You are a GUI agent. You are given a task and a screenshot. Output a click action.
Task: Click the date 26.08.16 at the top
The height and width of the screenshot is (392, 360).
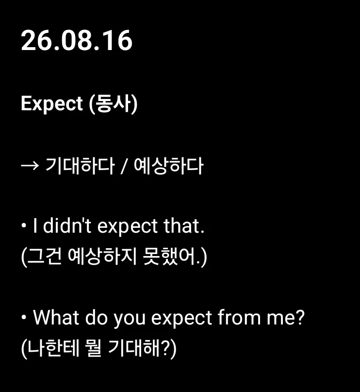coord(77,40)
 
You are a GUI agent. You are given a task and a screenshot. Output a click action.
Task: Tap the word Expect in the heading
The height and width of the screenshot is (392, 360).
coord(52,103)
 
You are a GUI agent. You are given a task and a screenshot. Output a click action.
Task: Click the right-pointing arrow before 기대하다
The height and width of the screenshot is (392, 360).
coord(30,166)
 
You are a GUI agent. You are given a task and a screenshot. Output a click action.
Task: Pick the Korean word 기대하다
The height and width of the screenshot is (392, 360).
coord(80,166)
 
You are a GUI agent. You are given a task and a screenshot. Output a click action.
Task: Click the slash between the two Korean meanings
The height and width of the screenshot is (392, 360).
coord(124,166)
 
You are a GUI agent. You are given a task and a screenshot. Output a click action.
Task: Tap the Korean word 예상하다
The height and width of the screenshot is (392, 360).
coord(168,166)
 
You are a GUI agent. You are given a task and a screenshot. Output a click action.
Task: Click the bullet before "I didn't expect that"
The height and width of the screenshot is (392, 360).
coord(24,226)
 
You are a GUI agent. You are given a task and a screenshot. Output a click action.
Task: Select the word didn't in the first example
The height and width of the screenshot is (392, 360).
coord(67,226)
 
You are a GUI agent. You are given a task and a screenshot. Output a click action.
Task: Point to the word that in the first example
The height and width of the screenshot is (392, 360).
coord(184,226)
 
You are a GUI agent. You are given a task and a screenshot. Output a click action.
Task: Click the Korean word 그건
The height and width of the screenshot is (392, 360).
coord(44,256)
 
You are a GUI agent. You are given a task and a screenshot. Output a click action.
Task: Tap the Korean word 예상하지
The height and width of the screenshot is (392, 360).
coord(102,256)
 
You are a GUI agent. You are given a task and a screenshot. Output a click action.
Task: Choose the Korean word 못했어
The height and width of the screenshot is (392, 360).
coord(169,256)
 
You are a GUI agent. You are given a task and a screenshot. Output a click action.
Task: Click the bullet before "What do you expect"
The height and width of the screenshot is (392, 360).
coord(24,317)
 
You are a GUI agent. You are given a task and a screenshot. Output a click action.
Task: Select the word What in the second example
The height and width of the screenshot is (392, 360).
coord(56,317)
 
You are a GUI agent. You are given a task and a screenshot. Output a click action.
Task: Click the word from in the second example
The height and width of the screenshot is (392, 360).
coord(239,317)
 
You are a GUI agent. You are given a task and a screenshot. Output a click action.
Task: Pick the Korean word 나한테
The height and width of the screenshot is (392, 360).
coord(53,348)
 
